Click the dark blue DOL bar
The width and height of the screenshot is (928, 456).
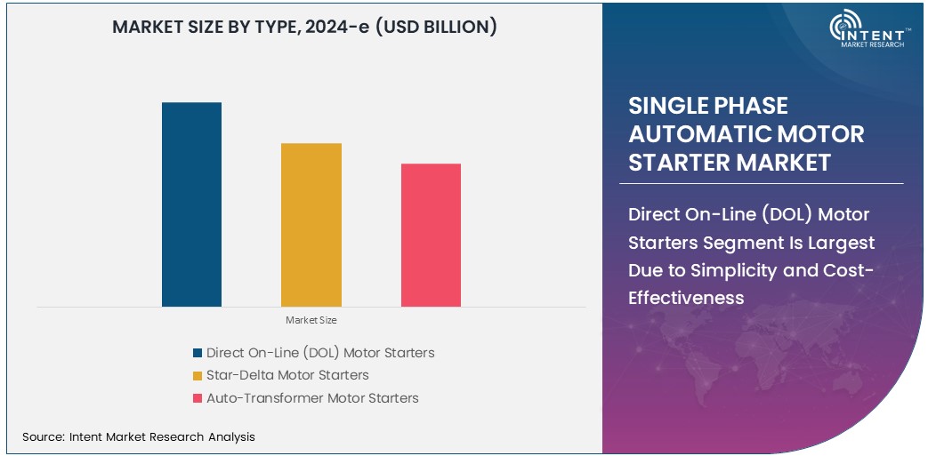pyautogui.click(x=191, y=204)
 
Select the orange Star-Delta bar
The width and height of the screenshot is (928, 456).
pyautogui.click(x=311, y=225)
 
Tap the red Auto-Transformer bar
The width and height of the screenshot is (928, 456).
pyautogui.click(x=431, y=236)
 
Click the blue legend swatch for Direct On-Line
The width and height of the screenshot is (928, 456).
pyautogui.click(x=197, y=353)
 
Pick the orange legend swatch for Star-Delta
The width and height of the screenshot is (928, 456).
pyautogui.click(x=197, y=375)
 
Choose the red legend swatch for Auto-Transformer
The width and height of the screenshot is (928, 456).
pyautogui.click(x=197, y=398)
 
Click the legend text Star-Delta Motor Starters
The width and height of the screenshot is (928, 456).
pyautogui.click(x=287, y=375)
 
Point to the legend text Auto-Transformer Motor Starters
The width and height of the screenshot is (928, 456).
pyautogui.click(x=312, y=398)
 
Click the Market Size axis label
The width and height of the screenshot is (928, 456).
pyautogui.click(x=311, y=320)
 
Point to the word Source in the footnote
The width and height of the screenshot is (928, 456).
pyautogui.click(x=42, y=436)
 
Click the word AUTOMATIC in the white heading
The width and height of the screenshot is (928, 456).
pyautogui.click(x=746, y=134)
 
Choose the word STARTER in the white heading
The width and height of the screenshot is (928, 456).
pyautogui.click(x=676, y=163)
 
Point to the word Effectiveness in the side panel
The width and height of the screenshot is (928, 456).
pyautogui.click(x=686, y=297)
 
